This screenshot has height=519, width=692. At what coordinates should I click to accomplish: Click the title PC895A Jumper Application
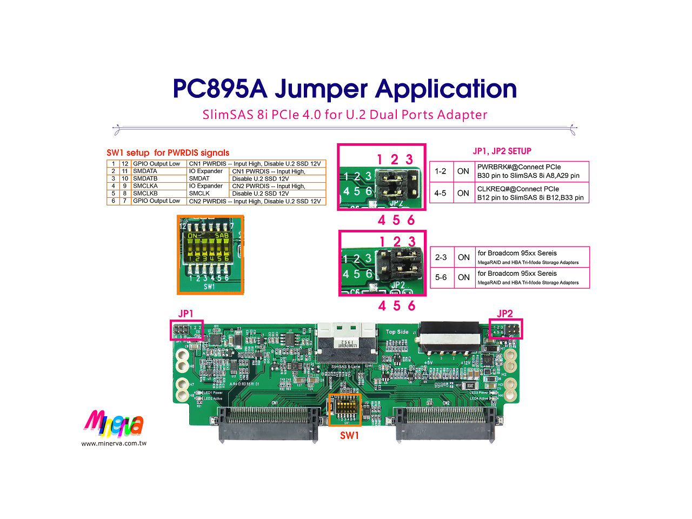point(344,89)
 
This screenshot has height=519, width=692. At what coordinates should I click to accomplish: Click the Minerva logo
point(114,424)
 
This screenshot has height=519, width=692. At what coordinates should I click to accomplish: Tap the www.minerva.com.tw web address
point(114,443)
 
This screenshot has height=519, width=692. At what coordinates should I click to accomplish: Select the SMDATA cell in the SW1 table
point(145,171)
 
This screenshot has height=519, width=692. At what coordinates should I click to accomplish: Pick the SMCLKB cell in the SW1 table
point(145,193)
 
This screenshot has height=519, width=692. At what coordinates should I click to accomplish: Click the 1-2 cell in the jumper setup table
point(441,171)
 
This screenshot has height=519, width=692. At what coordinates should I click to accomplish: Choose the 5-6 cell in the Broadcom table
point(441,277)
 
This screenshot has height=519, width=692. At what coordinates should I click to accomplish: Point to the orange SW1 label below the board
point(349,435)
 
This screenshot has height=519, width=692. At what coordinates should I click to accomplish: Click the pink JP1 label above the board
point(185,314)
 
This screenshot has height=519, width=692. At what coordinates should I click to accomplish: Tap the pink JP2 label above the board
point(504,314)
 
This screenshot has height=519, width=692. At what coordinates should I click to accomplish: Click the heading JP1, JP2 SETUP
point(502,151)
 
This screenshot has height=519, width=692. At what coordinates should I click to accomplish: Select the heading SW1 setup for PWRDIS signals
point(168,152)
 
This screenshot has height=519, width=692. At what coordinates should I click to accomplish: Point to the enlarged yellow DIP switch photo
point(210,254)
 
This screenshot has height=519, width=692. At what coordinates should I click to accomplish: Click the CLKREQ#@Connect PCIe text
point(518,189)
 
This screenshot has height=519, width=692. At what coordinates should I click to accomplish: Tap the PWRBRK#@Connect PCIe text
point(518,167)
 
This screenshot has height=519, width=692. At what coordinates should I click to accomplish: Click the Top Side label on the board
point(397,332)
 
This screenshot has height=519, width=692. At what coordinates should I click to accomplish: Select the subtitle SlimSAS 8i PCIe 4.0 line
point(344,115)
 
